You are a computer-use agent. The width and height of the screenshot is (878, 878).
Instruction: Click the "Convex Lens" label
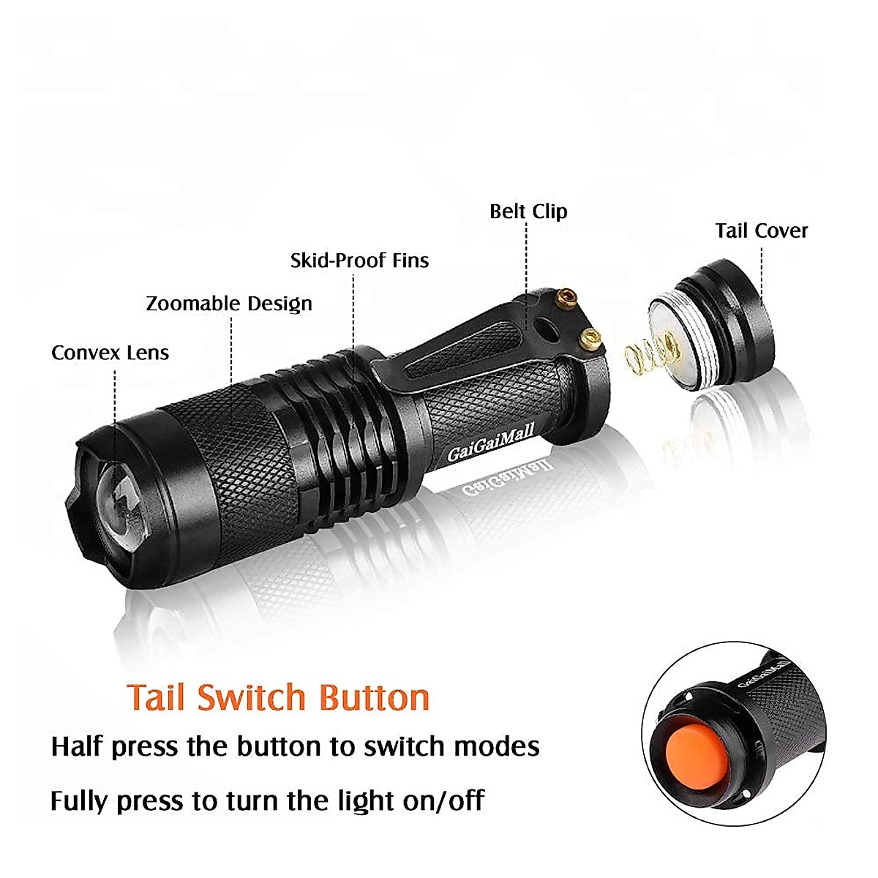[110, 353]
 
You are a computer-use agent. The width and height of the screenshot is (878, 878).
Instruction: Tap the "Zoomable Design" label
[229, 304]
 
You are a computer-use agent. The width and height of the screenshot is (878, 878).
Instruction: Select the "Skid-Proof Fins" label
[359, 260]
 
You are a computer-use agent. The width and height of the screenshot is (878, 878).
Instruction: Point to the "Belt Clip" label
[528, 211]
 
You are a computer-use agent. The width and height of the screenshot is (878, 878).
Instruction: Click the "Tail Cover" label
[761, 231]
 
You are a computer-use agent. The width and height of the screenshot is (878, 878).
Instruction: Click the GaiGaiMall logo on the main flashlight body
[491, 443]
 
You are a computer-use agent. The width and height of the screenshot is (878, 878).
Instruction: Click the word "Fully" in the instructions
[79, 801]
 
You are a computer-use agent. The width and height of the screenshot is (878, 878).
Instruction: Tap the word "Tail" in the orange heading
[157, 697]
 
